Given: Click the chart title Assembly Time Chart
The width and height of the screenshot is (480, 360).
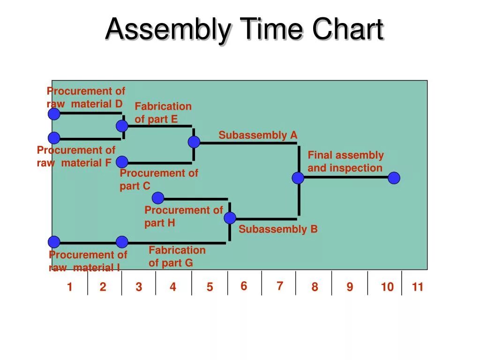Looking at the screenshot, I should click(x=244, y=29).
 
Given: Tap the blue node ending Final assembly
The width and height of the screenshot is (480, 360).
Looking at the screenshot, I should click(x=394, y=178).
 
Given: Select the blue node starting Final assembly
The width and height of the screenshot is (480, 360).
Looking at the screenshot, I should click(x=298, y=178).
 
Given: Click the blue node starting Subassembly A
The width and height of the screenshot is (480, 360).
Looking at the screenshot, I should click(x=194, y=142).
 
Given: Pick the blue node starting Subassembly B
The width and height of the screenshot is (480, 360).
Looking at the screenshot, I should click(x=230, y=218).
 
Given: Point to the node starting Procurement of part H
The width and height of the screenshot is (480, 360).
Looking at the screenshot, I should click(x=158, y=198).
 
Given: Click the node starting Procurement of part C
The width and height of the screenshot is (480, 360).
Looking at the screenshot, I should click(x=122, y=162).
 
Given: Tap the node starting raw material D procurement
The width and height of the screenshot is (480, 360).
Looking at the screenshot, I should click(x=54, y=114).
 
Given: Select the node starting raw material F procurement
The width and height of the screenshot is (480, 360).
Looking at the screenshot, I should click(x=54, y=138).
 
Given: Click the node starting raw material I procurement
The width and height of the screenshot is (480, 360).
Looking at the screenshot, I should click(x=54, y=242).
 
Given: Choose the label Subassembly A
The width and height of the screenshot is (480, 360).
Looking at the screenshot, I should click(x=258, y=135).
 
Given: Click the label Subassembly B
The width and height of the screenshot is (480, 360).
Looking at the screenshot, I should click(x=278, y=229).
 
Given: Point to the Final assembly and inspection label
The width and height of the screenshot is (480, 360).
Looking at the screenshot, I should click(x=345, y=162).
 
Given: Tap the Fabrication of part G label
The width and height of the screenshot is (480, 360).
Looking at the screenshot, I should click(x=177, y=256).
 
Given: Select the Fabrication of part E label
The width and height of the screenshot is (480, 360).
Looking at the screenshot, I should click(x=163, y=113).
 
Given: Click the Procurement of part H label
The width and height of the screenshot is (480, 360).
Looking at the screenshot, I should click(x=183, y=217).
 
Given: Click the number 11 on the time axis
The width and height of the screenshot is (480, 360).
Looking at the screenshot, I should click(x=418, y=287).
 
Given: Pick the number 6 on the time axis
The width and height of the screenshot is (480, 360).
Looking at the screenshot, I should click(x=244, y=286).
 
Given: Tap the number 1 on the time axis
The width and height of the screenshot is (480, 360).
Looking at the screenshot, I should click(x=69, y=287).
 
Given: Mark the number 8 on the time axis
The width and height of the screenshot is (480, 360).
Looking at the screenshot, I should click(x=315, y=287).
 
